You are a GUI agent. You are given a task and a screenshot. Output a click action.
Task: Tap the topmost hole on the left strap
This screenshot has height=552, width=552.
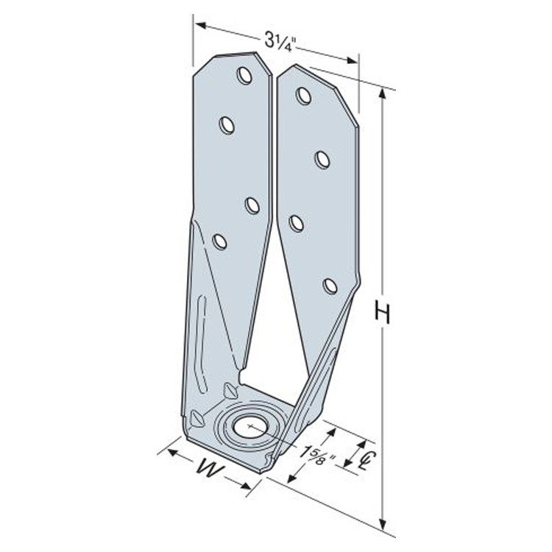(x=244, y=75)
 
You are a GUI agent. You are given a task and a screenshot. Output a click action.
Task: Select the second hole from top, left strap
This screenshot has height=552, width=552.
(x=227, y=125)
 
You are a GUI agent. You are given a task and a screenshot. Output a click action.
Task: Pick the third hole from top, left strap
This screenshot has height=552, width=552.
(x=252, y=205)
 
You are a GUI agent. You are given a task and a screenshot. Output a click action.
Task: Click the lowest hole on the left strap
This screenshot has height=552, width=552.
(x=219, y=240)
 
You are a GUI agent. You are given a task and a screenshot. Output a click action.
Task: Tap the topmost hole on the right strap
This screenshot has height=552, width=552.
(x=303, y=95)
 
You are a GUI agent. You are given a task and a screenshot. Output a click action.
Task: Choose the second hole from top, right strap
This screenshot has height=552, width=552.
(x=322, y=159)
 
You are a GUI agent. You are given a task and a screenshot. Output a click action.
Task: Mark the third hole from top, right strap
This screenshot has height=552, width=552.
(x=297, y=222)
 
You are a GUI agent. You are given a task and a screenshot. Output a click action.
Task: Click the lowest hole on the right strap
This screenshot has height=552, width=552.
(x=330, y=286)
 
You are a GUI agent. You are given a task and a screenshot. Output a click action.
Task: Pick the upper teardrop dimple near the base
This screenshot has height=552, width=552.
(x=230, y=388)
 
